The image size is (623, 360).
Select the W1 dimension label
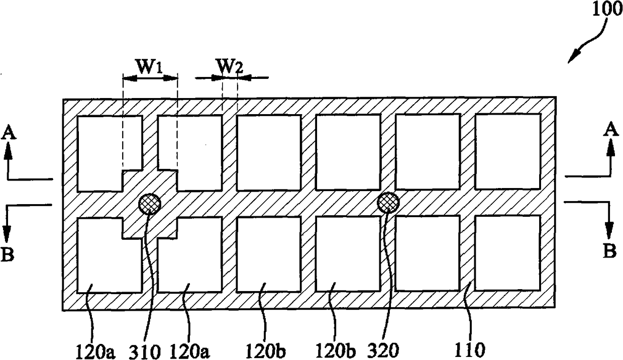click(150, 67)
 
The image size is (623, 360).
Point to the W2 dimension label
click(229, 67)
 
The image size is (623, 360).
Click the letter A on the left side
click(9, 132)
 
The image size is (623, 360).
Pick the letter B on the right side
click(609, 251)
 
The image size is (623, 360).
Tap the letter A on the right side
click(610, 130)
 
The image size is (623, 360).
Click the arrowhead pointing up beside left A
click(9, 149)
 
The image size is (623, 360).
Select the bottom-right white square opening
click(507, 253)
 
